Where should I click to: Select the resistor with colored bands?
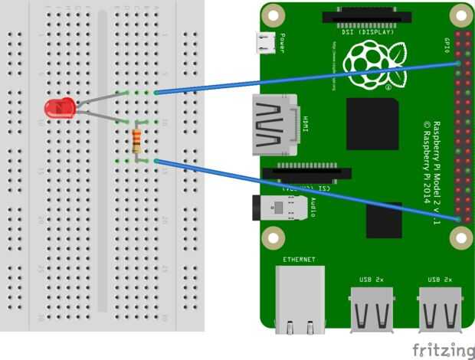point(136,141)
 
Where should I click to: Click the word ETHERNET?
point(299,260)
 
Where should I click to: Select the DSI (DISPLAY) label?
point(367,32)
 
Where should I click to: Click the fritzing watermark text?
point(442,350)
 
